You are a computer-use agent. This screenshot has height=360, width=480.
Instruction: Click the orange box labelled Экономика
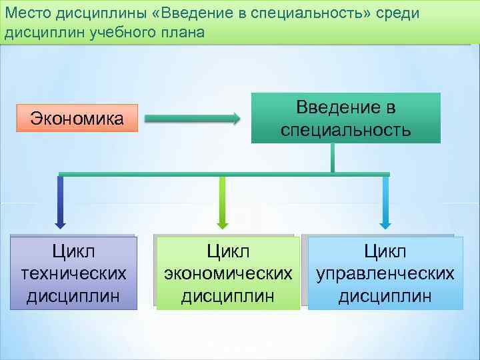point(77,119)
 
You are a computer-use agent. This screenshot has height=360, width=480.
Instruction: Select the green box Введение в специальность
point(345,118)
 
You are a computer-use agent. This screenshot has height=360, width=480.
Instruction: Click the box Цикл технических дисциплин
point(73,273)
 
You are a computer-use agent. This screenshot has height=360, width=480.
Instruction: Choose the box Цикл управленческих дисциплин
point(385,273)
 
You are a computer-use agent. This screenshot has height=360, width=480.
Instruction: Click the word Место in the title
point(26,14)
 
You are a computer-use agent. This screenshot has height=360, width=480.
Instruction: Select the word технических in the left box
point(73,273)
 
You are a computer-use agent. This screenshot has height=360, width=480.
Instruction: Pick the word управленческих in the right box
point(385,273)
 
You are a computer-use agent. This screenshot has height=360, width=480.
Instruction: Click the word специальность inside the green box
point(345,129)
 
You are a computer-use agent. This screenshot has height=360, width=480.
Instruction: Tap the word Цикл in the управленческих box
point(385,252)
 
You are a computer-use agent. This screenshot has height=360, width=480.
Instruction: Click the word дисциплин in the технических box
point(73,295)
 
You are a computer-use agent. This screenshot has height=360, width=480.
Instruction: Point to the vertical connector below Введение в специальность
point(332,158)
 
